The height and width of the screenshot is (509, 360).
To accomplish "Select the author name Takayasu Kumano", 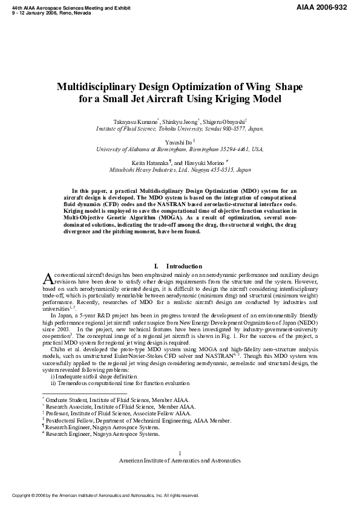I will [x=140, y=121].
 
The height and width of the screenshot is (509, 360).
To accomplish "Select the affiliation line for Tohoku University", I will [x=180, y=129].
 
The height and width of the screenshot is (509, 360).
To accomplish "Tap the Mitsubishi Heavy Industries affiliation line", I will [x=180, y=170].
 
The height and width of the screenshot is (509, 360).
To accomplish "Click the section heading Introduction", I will [x=184, y=266].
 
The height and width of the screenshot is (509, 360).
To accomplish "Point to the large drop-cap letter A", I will [x=50, y=277].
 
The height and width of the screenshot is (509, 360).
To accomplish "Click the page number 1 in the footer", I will [x=180, y=453].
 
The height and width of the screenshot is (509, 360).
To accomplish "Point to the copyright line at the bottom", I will [x=103, y=495].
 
